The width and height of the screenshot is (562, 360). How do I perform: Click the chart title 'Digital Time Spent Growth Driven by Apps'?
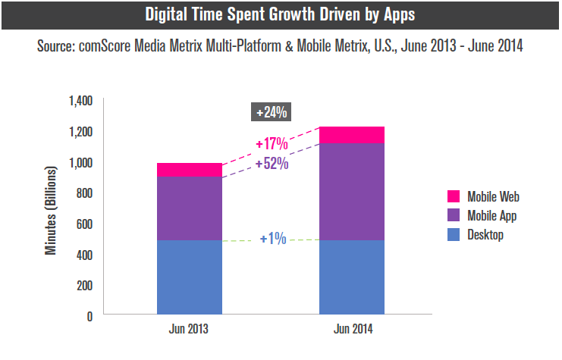pyautogui.click(x=280, y=14)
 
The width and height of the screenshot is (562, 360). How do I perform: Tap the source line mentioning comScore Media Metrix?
pyautogui.click(x=280, y=46)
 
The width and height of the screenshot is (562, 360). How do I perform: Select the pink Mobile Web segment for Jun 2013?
pyautogui.click(x=190, y=170)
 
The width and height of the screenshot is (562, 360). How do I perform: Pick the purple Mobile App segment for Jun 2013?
pyautogui.click(x=190, y=208)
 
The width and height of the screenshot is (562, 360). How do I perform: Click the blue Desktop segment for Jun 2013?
pyautogui.click(x=190, y=277)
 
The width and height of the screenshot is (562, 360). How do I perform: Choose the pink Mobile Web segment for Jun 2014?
pyautogui.click(x=352, y=135)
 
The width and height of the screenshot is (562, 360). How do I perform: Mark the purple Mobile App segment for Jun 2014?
pyautogui.click(x=352, y=192)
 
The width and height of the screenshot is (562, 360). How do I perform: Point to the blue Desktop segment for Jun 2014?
pyautogui.click(x=352, y=277)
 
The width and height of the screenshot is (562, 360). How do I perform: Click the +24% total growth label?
pyautogui.click(x=271, y=112)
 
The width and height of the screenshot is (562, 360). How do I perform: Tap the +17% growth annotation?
pyautogui.click(x=272, y=142)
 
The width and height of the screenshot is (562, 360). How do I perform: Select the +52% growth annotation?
pyautogui.click(x=272, y=163)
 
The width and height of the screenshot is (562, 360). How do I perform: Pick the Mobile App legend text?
pyautogui.click(x=494, y=216)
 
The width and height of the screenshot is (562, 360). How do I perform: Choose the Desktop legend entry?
pyautogui.click(x=485, y=236)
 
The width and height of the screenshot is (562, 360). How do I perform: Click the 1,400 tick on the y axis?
pyautogui.click(x=80, y=101)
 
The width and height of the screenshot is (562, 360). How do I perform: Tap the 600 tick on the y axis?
pyautogui.click(x=83, y=224)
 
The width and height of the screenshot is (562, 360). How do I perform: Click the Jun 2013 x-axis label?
pyautogui.click(x=189, y=330)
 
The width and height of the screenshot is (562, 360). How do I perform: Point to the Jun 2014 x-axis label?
pyautogui.click(x=352, y=330)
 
